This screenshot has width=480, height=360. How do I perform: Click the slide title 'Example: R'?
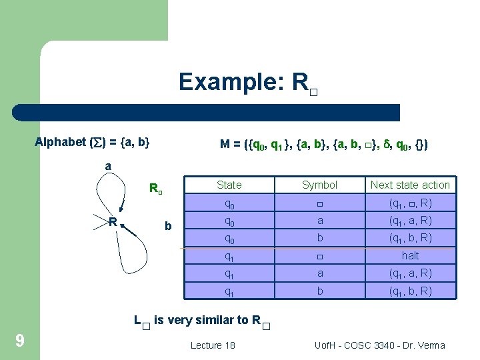tap(247, 83)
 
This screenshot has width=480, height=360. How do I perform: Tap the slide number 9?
tap(20, 341)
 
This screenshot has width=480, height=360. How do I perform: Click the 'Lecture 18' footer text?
tap(213, 345)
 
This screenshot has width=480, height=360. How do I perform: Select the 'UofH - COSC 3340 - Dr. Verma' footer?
tap(379, 345)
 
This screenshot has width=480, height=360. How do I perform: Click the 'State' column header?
tap(229, 185)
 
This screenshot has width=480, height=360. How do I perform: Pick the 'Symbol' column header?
tap(320, 185)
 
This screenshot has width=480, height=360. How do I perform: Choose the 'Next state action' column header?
tap(410, 185)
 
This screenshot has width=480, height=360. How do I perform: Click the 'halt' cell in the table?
tap(410, 255)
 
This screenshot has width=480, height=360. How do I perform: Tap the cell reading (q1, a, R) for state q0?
tap(410, 220)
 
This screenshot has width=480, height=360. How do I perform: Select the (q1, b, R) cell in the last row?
tap(410, 291)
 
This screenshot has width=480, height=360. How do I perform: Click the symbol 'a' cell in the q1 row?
tap(320, 273)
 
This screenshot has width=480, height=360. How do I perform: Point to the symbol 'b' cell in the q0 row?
tap(320, 237)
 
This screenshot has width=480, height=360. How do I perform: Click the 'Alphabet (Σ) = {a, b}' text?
tap(93, 142)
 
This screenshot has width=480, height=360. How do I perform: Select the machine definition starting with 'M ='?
tap(324, 143)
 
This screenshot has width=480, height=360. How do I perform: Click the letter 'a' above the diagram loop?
tap(108, 165)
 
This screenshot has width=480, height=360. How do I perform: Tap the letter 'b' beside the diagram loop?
tap(168, 226)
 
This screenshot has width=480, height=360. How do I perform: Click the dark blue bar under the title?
tap(207, 112)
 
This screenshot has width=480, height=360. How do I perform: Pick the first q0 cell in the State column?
tap(229, 203)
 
